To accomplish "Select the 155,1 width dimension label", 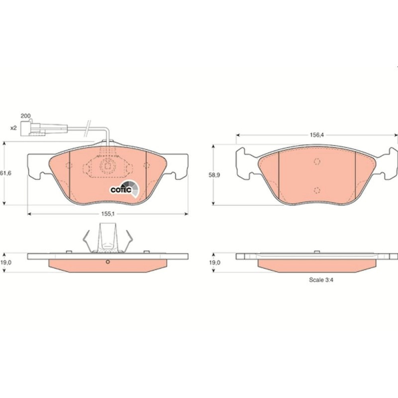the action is [x=108, y=214].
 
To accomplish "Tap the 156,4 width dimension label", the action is [x=317, y=135].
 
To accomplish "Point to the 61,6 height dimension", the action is [x=6, y=173].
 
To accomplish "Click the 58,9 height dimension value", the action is [x=215, y=175].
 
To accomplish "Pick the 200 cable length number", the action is [x=25, y=116].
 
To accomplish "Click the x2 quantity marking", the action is [x=13, y=128].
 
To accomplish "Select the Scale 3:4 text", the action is [x=321, y=280].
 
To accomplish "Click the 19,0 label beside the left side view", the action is [x=6, y=262].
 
